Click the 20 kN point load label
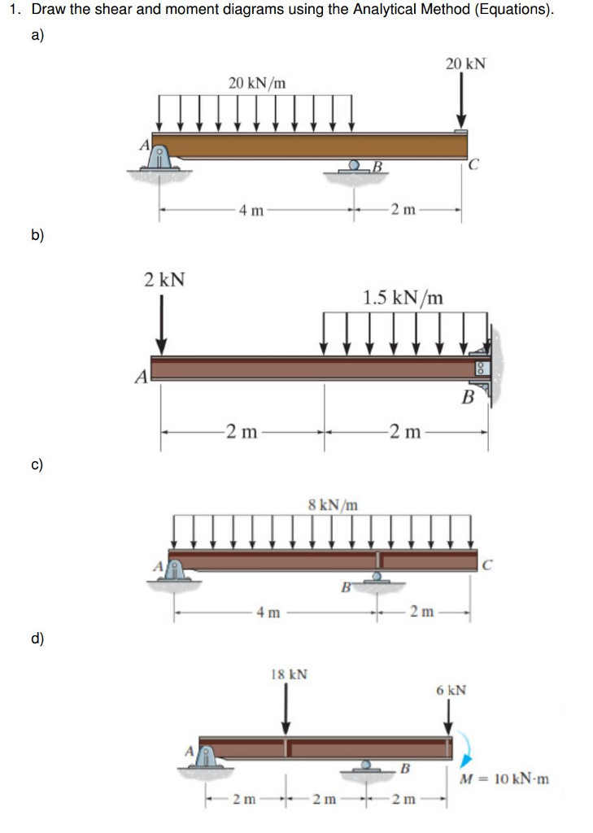[x=465, y=63]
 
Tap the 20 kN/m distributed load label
[x=256, y=82]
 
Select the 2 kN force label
[x=164, y=280]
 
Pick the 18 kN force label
[x=288, y=674]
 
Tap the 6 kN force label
[x=451, y=691]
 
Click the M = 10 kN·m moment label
[x=504, y=778]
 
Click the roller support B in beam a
[x=355, y=168]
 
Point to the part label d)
[x=38, y=639]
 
